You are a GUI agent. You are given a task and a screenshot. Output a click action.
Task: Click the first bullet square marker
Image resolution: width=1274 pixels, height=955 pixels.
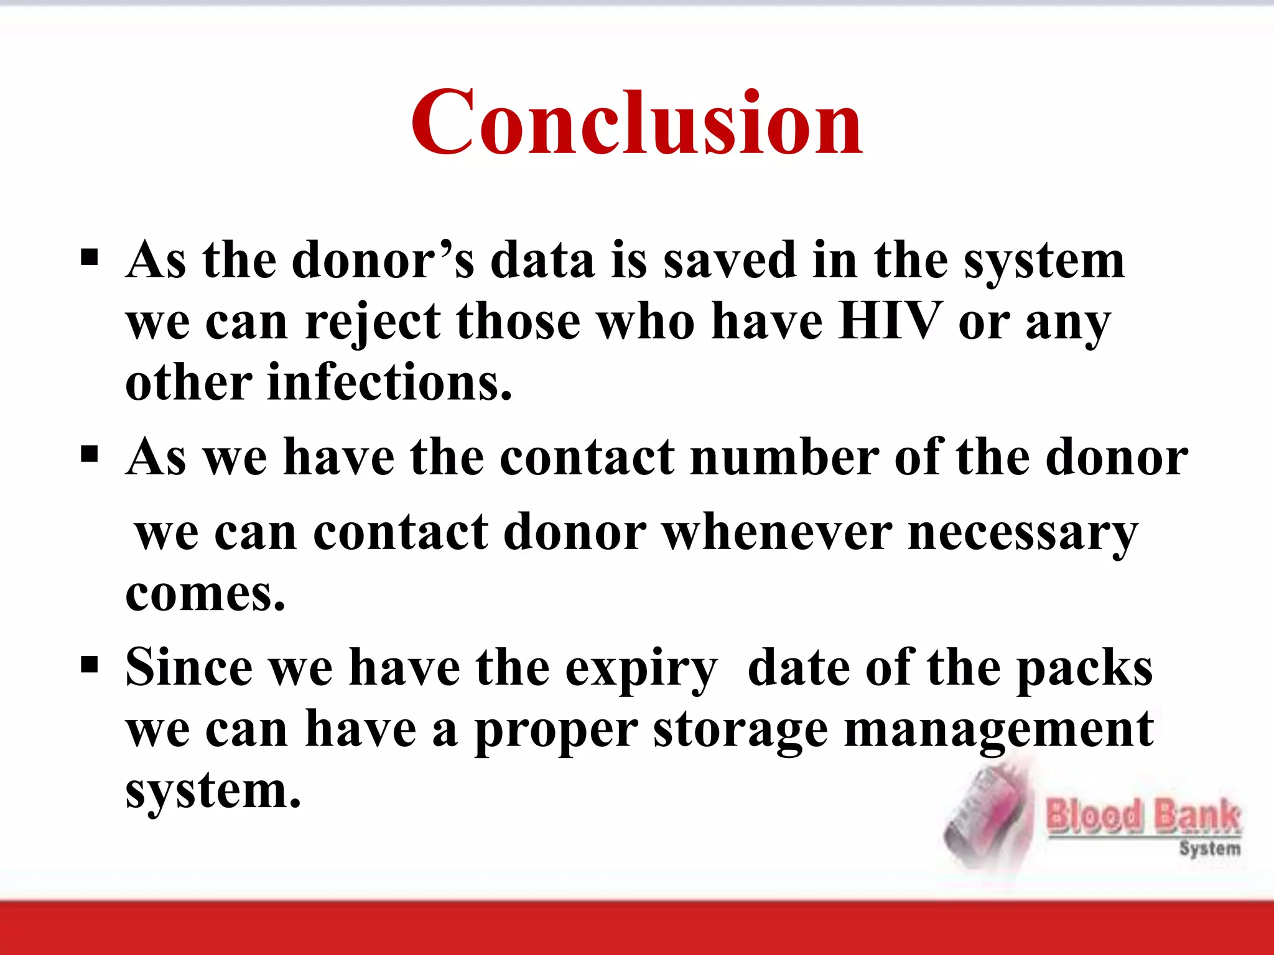pyautogui.click(x=90, y=257)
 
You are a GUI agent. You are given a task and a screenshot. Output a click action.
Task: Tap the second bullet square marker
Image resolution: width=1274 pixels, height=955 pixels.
pyautogui.click(x=90, y=454)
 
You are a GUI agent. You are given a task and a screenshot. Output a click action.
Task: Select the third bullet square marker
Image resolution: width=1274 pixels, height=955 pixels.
pyautogui.click(x=90, y=665)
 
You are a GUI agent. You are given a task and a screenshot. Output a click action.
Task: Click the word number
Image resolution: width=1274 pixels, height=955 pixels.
pyautogui.click(x=784, y=458)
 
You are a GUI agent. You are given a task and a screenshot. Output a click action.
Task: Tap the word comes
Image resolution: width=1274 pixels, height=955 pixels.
pyautogui.click(x=205, y=594)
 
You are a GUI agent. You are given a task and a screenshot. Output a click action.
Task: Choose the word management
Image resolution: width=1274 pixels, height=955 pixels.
pyautogui.click(x=998, y=730)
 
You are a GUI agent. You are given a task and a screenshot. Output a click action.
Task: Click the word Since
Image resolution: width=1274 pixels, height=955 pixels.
pyautogui.click(x=189, y=668)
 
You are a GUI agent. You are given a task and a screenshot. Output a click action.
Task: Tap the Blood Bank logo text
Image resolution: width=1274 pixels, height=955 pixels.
pyautogui.click(x=1143, y=815)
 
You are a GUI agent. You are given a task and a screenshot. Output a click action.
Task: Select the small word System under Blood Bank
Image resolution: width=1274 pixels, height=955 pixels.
pyautogui.click(x=1209, y=849)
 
